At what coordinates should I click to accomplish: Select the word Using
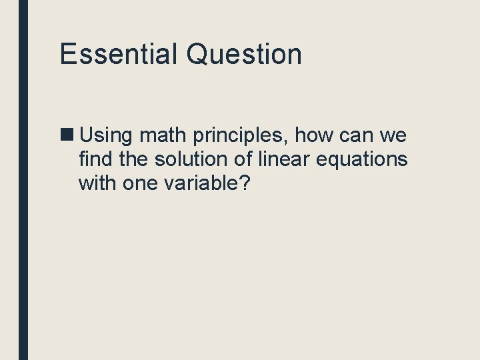tap(107, 136)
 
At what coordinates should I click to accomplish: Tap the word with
tap(97, 183)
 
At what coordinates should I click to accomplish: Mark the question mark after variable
tap(245, 183)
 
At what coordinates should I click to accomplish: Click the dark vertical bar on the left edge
tap(23, 180)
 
